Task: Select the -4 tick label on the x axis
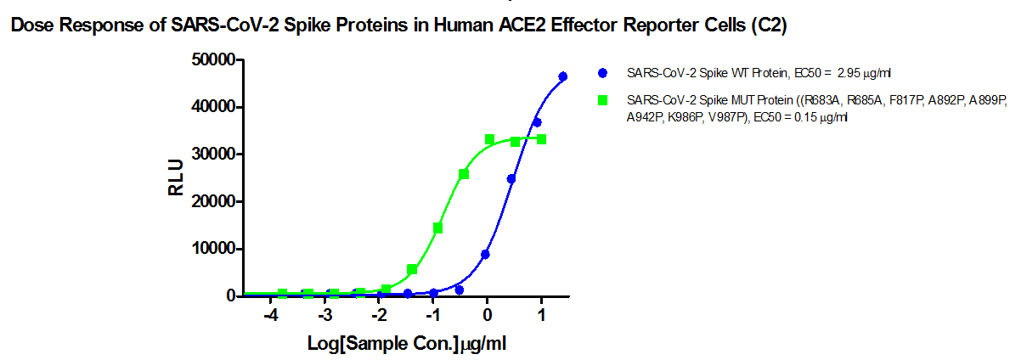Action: coord(270,314)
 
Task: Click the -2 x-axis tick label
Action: coord(378,314)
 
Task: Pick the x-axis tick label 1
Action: coord(541,314)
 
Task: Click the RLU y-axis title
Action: coord(176,178)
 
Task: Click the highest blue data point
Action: coord(562,76)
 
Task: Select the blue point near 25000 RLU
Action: coord(511,179)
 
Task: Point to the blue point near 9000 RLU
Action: coord(485,254)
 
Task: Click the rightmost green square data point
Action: coord(541,139)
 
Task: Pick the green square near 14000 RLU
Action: coord(437,228)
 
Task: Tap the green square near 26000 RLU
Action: coord(464,174)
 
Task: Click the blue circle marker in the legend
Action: coord(602,72)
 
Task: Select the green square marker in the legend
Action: coord(602,100)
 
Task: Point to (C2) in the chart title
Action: coord(770,27)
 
